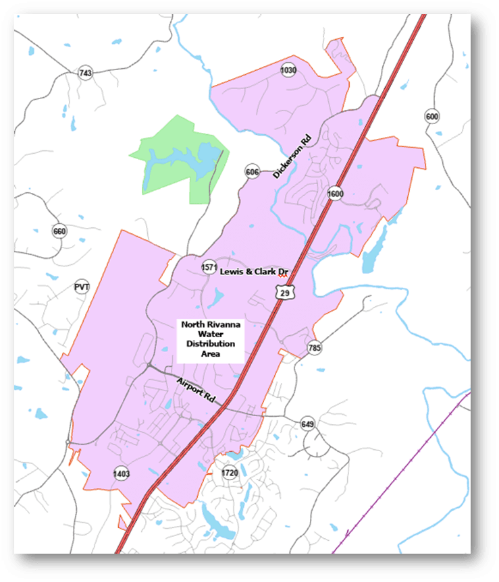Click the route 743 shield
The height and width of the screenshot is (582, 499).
[x=85, y=73]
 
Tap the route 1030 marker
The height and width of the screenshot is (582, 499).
[x=288, y=69]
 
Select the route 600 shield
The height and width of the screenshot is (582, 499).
[x=432, y=117]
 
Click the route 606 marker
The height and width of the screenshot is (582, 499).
[x=253, y=172]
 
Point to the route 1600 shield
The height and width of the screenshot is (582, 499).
[x=335, y=194]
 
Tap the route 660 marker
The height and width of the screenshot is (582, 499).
[x=59, y=232]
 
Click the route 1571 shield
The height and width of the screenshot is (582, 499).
[x=209, y=268]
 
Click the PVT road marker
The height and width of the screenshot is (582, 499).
[x=82, y=287]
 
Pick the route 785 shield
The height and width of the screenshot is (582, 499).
[x=314, y=348]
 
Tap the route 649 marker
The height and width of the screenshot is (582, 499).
[x=308, y=424]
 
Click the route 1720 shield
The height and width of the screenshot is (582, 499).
[x=230, y=473]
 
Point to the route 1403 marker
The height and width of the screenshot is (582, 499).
[x=122, y=472]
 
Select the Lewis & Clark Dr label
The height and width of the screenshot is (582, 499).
[x=255, y=271]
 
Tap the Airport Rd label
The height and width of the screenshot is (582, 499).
[x=195, y=391]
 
